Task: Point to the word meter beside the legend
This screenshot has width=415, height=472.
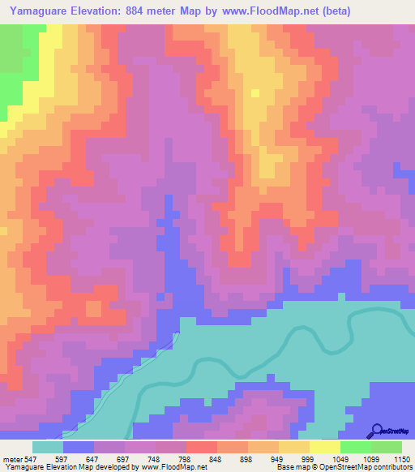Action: [11, 460]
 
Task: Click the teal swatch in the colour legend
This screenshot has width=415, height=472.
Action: [48, 447]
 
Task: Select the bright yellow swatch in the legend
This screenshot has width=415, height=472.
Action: [325, 447]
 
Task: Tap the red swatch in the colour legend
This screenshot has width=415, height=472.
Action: [202, 447]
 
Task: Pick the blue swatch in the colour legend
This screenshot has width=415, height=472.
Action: [79, 447]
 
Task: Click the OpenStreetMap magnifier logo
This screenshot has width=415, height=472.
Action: [375, 431]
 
